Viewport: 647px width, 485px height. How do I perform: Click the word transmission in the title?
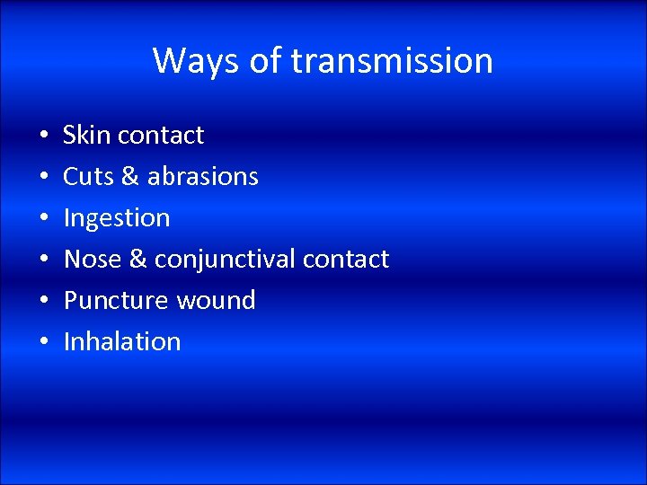(392, 61)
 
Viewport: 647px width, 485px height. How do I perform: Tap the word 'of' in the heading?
(261, 61)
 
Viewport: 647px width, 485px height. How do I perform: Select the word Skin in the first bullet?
(86, 135)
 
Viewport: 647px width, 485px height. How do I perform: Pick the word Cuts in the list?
(87, 176)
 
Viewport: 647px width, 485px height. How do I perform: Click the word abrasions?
(202, 176)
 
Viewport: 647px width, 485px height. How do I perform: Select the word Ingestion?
(116, 217)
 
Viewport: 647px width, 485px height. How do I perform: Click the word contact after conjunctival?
(346, 259)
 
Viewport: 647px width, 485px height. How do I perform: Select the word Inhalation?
(122, 341)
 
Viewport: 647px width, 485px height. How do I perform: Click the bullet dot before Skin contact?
(43, 137)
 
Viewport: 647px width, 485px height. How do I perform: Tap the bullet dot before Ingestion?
(43, 219)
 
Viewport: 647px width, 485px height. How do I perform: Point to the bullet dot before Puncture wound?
(43, 302)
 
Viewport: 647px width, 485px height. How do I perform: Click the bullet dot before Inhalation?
(43, 343)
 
